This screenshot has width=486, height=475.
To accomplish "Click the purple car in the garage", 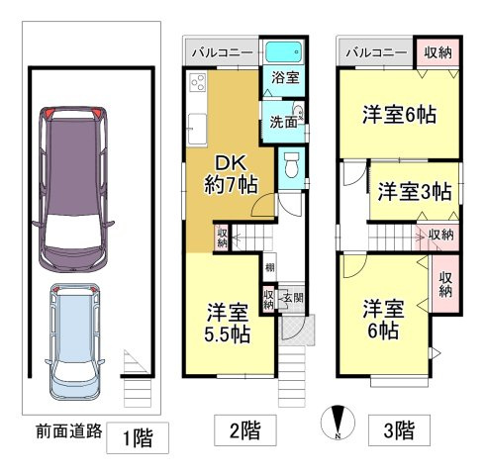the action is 73,189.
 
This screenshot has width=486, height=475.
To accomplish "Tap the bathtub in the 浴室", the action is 283,52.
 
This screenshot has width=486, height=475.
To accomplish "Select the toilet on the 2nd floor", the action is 292,165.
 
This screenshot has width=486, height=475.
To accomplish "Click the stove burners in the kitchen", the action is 198,82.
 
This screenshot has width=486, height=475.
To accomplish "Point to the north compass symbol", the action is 338,423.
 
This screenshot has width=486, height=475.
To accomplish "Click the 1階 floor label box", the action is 138,437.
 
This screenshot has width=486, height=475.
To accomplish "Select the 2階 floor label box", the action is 245,430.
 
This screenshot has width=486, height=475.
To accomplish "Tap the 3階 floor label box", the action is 399,430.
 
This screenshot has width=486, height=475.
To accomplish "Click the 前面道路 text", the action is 69,430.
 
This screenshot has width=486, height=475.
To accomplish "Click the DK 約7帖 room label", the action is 231,174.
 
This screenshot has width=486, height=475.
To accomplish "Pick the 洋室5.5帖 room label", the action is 228,324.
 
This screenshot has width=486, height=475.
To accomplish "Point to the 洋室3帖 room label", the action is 415,191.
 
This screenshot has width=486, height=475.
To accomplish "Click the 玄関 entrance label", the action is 293,299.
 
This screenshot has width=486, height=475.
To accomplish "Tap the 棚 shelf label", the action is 270,267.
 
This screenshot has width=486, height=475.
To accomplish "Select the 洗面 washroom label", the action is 283,123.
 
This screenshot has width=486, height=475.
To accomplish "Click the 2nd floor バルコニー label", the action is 223,52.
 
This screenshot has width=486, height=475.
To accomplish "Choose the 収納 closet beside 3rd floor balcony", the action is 437,52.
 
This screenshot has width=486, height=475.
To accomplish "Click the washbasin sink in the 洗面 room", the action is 298,112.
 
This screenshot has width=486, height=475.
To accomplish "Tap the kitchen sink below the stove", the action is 198,129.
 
